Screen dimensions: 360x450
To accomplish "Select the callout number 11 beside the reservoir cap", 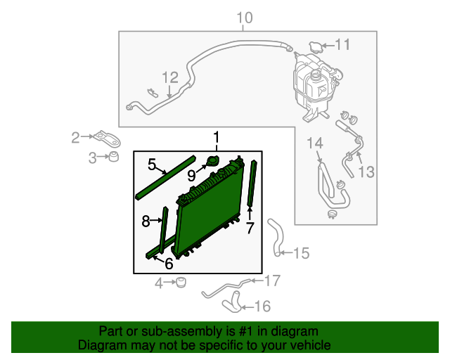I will pos(342,45).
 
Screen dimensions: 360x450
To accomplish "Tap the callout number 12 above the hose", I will pos(171,77).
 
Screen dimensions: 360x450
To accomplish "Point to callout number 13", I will pos(367,172).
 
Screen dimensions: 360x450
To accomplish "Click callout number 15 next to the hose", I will pos(301,253).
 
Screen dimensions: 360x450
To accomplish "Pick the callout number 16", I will pos(262,306).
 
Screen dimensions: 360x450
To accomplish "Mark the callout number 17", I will pos(272,281).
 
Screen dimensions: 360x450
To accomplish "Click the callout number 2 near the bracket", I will pos(76,138).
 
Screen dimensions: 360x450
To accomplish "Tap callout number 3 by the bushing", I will pos(93,159).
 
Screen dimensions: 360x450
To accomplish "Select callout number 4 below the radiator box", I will pos(159,283).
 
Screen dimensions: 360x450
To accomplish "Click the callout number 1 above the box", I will pos(217,136).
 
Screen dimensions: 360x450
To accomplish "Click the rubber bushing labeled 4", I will pos(180,283).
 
